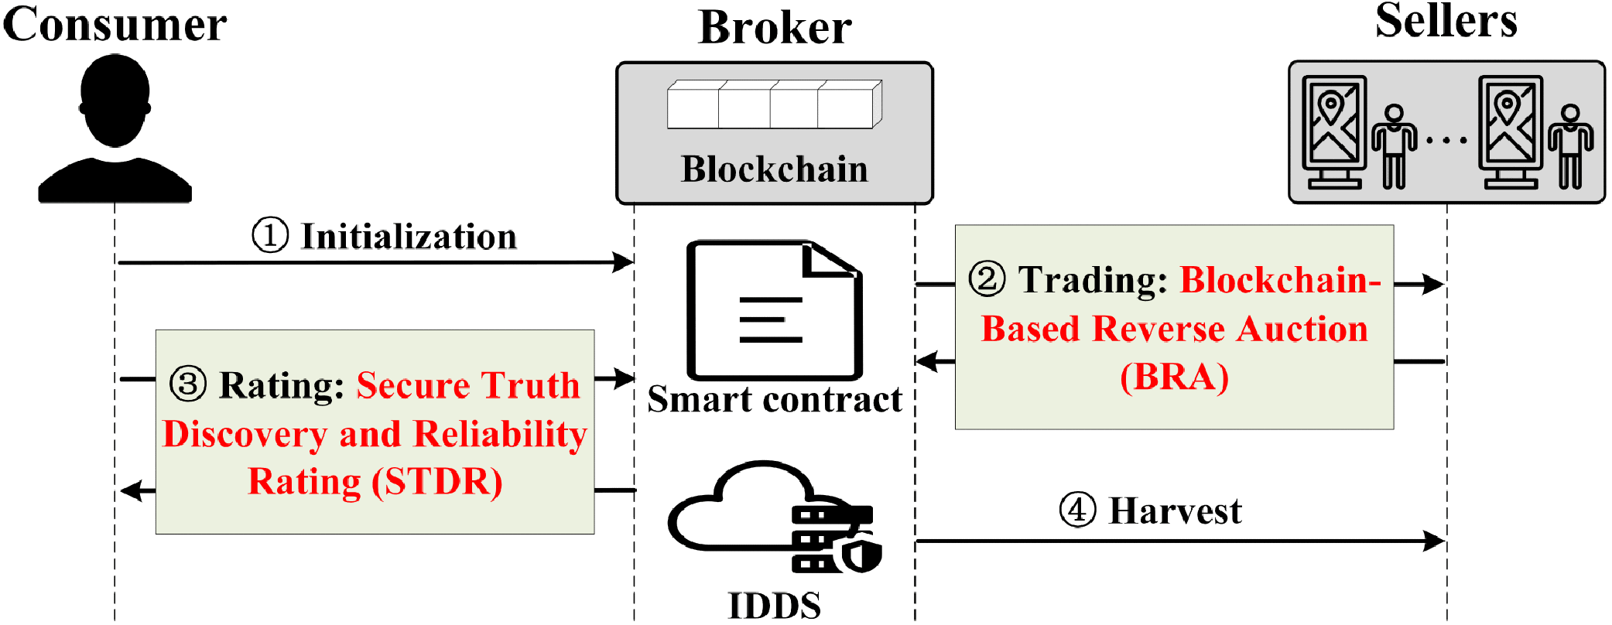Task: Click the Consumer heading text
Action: pos(115,25)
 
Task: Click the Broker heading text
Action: pos(774,29)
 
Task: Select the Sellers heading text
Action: pos(1446,22)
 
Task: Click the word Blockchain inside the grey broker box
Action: pos(774,169)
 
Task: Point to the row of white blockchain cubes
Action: pos(774,105)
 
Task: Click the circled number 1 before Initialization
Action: pos(270,235)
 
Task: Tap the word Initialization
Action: pos(409,237)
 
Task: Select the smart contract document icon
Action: pos(774,309)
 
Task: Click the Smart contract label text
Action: pos(774,400)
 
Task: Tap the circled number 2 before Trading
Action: pos(987,279)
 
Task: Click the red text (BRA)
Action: pos(1174,377)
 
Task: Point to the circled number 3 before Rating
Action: pos(187,384)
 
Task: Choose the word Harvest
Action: pos(1175,511)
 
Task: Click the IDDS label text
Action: pos(774,606)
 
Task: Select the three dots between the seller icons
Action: pos(1446,141)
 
